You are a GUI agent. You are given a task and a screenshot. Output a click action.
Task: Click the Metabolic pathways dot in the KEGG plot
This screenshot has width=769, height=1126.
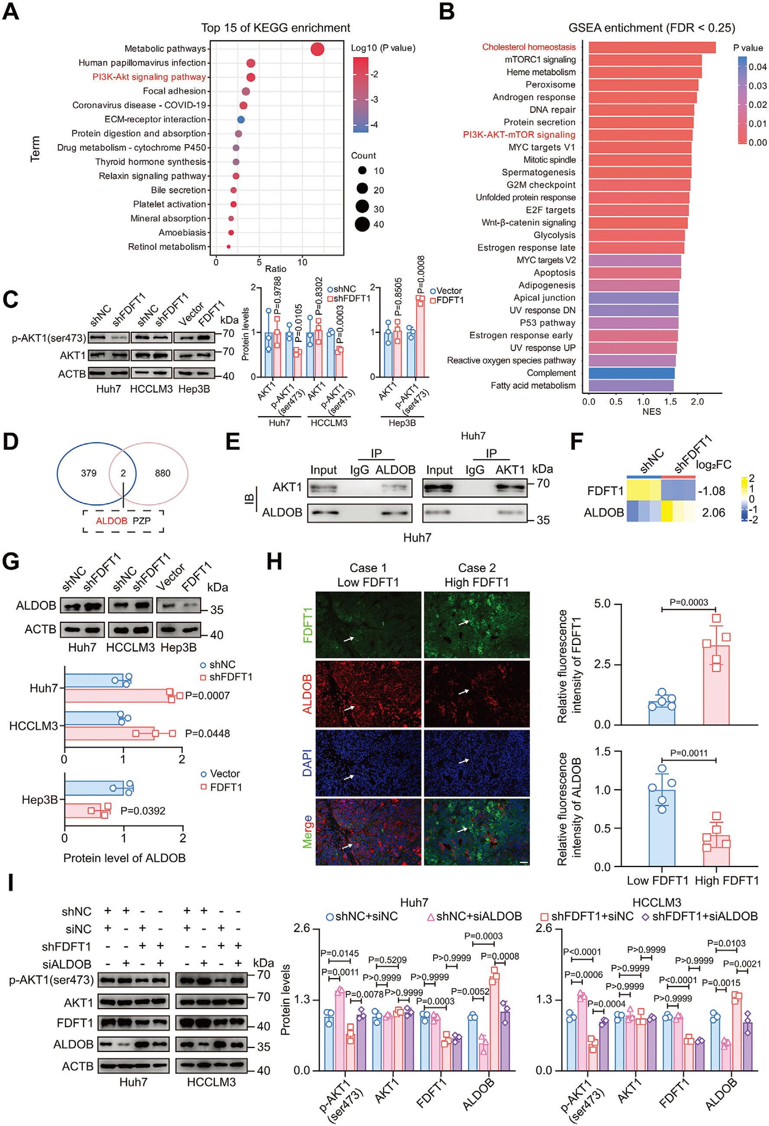[x=317, y=49]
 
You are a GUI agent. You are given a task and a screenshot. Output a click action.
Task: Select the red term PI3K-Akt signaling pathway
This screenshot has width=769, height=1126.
[x=149, y=77]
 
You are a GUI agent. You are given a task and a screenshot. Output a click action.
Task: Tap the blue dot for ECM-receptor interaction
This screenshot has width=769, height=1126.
[x=240, y=119]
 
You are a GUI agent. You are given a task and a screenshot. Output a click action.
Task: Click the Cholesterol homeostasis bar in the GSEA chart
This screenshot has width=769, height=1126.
[x=651, y=48]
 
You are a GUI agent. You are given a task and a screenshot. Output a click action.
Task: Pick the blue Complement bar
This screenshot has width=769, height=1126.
[x=631, y=373]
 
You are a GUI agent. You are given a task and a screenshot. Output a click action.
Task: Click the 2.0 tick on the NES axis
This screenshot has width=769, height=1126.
[x=697, y=402]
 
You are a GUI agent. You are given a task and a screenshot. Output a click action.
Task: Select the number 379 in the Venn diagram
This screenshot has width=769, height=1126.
[x=89, y=473]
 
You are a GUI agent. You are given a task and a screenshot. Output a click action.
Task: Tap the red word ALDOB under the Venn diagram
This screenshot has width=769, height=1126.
[x=111, y=521]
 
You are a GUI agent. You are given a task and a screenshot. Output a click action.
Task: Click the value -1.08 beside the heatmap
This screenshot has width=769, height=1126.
[x=711, y=491]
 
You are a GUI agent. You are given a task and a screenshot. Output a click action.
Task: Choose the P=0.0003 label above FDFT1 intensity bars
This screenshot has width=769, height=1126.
[x=688, y=602]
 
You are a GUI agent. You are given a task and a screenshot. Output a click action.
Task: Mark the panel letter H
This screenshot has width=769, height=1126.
[x=274, y=562]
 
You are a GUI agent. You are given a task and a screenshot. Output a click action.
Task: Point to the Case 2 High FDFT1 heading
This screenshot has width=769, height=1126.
[x=476, y=575]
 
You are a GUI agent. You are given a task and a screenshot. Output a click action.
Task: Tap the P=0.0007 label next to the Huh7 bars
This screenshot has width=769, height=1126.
[x=207, y=696]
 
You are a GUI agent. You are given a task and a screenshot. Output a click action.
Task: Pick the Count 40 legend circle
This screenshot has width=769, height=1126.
[x=362, y=224]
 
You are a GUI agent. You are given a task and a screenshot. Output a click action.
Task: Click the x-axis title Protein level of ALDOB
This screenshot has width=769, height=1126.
[x=124, y=858]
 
